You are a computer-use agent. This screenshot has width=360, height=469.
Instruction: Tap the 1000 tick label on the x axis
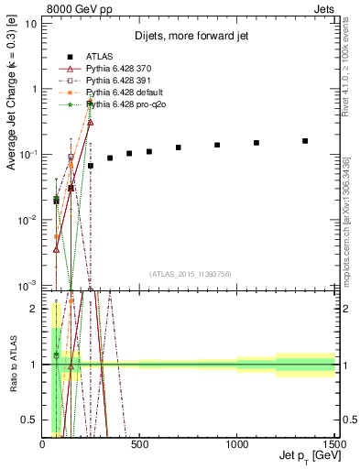(237, 444)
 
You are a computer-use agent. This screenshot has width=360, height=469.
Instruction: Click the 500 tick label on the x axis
(140, 444)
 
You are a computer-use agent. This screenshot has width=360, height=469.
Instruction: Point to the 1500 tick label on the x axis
(334, 444)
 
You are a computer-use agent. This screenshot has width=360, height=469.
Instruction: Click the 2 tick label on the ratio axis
(35, 309)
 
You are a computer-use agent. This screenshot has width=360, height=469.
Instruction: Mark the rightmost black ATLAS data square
(305, 141)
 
